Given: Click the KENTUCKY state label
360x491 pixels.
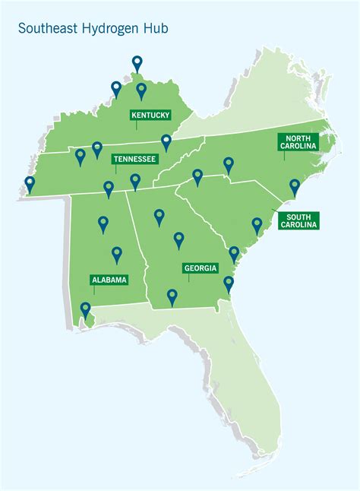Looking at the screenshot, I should [150, 116].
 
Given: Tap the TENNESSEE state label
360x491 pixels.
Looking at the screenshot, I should [134, 159].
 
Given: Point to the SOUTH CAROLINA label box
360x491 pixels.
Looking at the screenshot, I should [299, 220].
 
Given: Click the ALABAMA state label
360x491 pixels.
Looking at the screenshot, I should [109, 280].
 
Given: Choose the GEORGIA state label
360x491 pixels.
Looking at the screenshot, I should [201, 268].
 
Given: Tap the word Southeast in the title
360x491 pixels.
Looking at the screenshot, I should [46, 28].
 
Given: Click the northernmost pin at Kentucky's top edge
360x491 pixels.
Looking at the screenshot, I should [137, 63].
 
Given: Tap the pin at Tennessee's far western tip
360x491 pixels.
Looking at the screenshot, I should [30, 184].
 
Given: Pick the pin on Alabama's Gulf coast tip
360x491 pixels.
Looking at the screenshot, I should [85, 309].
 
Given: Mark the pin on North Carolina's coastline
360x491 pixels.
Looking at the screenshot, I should [295, 186].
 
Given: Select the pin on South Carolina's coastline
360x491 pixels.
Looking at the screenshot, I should [257, 224].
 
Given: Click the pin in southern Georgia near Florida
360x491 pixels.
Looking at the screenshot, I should [172, 296].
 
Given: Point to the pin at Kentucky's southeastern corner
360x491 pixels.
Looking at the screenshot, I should [166, 141].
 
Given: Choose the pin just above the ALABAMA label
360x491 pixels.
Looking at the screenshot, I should [117, 254].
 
